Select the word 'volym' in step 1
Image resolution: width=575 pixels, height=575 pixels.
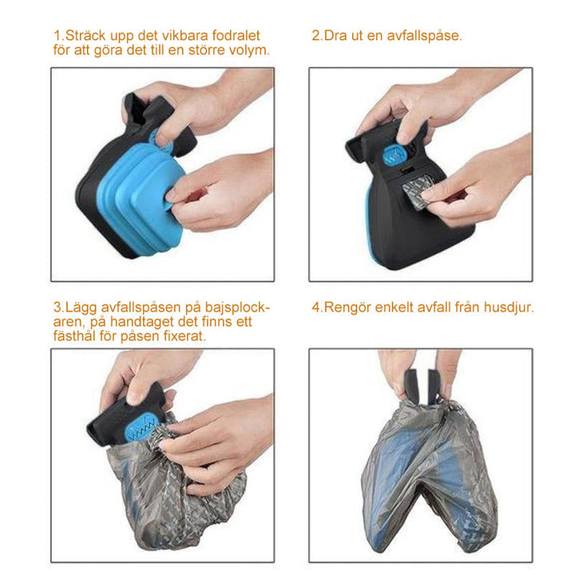pyautogui.click(x=247, y=50)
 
